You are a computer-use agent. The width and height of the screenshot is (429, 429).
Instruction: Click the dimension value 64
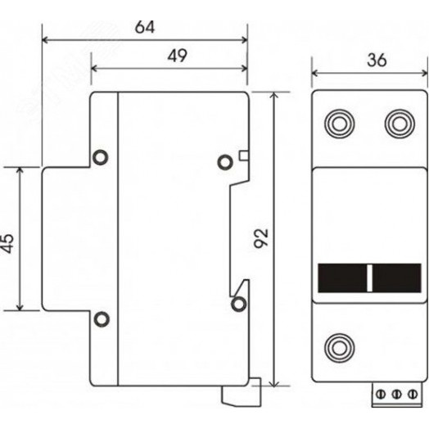click(145, 27)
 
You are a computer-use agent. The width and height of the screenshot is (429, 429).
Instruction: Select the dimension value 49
click(178, 56)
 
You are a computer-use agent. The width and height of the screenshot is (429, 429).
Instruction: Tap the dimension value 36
click(377, 61)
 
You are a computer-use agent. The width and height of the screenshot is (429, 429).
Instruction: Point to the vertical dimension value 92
click(261, 238)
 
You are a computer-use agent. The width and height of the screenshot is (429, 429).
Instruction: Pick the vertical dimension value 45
click(7, 243)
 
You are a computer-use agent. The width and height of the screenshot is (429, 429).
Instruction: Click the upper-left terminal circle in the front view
click(340, 124)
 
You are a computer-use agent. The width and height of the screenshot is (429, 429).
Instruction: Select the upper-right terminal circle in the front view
click(400, 124)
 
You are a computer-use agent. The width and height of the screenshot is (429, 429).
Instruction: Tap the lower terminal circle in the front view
click(340, 348)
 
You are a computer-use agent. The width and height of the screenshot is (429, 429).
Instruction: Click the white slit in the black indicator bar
click(369, 278)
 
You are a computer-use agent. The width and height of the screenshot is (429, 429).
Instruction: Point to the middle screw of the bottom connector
click(396, 395)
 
